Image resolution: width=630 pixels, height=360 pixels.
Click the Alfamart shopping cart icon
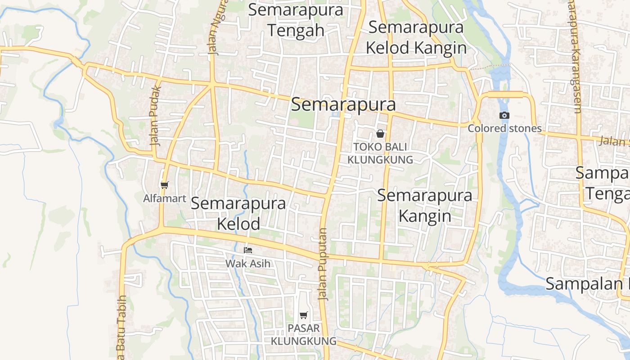point(164,185)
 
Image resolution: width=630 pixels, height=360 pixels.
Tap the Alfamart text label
point(165,198)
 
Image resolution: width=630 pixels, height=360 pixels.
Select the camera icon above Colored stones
point(504,115)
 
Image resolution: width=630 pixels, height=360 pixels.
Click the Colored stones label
point(504,128)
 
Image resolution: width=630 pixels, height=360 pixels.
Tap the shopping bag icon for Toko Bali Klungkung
point(380,133)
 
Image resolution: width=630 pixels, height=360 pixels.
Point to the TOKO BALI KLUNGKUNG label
point(380,153)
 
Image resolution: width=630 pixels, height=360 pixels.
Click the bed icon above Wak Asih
point(248,250)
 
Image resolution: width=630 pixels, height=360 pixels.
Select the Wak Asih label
point(248,263)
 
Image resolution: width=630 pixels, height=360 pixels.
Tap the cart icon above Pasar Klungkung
point(304,315)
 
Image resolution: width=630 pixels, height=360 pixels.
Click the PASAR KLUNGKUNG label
point(304,334)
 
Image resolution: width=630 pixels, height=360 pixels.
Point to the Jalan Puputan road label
point(323,264)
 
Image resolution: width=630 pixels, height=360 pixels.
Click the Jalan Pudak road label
point(156,115)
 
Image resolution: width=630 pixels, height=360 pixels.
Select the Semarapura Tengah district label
point(296,20)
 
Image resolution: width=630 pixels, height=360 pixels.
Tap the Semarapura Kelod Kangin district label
point(416,37)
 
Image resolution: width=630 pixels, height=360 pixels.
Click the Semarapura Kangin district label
point(425,206)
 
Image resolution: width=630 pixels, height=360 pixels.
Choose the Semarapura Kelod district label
point(238,213)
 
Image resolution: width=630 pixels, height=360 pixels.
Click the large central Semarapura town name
point(343,104)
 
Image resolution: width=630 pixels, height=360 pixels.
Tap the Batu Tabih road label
point(121,326)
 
